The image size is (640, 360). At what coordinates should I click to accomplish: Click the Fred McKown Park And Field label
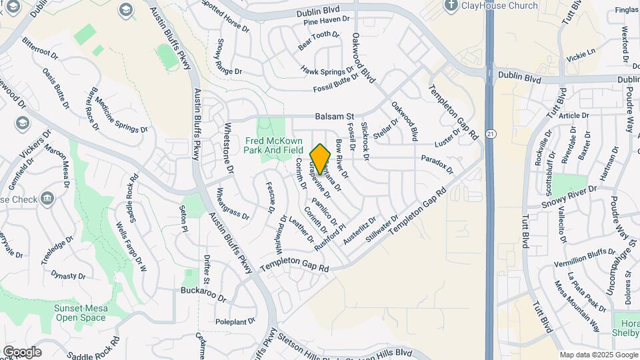274,145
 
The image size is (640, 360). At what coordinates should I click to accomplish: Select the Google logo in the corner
22,351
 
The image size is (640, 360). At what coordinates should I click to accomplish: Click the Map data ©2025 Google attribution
597,355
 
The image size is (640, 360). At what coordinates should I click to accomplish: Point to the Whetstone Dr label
229,149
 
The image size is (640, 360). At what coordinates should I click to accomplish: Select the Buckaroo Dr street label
203,291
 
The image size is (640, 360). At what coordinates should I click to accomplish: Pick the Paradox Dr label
437,163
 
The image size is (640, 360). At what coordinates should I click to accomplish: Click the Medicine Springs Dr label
121,114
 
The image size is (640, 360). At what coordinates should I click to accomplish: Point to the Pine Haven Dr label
326,21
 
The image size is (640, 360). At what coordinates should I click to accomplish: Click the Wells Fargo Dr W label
131,247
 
